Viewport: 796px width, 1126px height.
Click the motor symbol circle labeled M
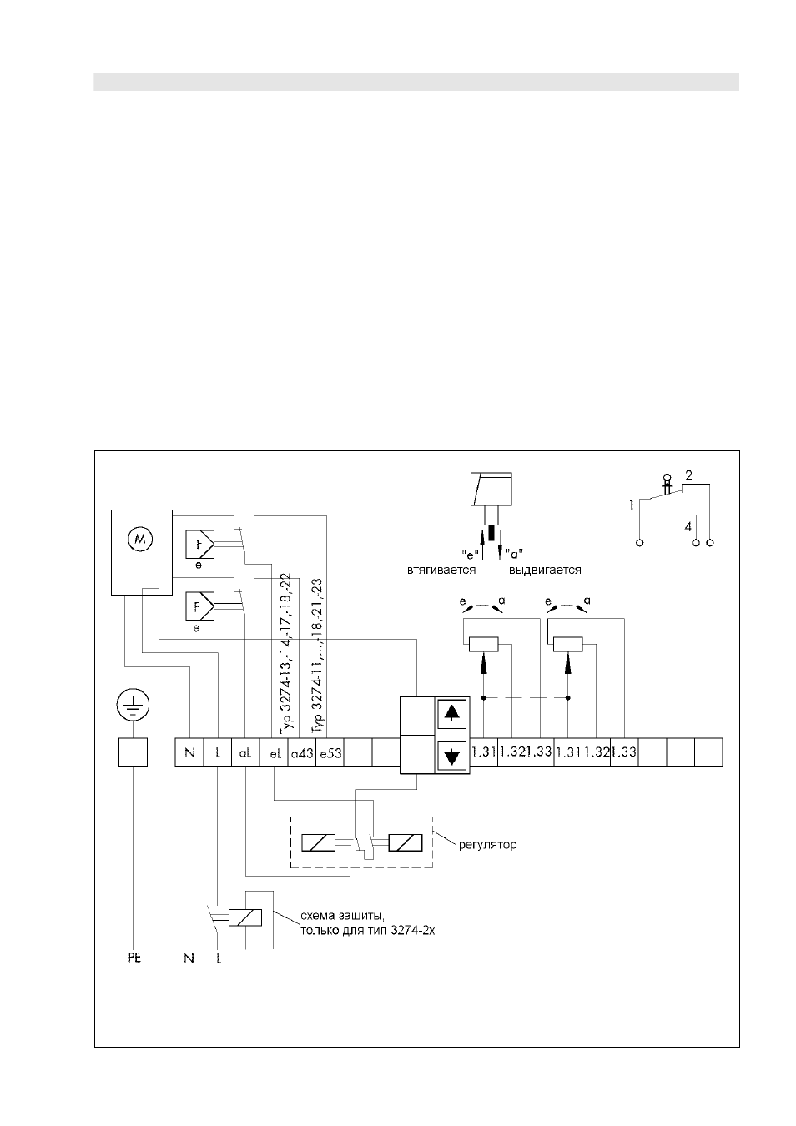click(140, 540)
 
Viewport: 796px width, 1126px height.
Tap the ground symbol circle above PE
click(134, 706)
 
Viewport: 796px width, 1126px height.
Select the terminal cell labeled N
click(189, 752)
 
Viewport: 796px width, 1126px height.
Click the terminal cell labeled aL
click(245, 752)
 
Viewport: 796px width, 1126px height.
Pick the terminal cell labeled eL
click(274, 752)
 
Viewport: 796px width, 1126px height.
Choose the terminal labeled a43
click(302, 752)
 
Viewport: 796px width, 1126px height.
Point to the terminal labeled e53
click(330, 752)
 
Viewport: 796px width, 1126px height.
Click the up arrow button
click(452, 714)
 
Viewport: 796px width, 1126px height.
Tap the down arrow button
click(452, 756)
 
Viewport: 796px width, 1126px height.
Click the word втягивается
click(441, 570)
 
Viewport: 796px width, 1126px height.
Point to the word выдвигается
click(545, 570)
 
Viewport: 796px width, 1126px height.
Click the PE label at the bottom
click(134, 958)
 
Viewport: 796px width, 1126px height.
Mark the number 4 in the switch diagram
click(688, 526)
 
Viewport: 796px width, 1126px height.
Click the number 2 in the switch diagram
click(688, 475)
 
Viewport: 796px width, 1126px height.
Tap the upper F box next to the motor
click(199, 544)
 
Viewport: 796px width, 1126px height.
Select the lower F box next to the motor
click(199, 606)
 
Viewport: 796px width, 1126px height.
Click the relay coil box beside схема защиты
click(244, 917)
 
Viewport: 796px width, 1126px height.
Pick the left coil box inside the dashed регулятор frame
click(318, 842)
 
